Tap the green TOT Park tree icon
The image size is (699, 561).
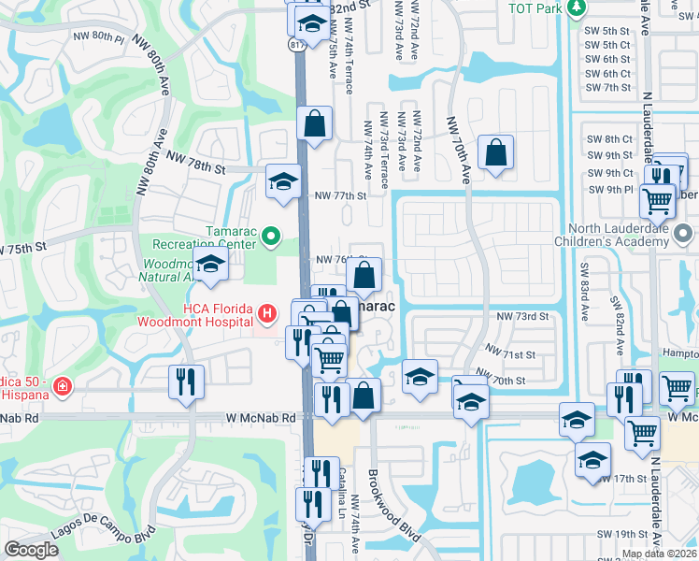click(x=577, y=7)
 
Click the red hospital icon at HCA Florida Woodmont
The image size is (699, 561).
click(x=266, y=312)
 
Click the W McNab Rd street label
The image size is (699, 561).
click(x=260, y=418)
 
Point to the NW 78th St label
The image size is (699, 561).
click(x=196, y=169)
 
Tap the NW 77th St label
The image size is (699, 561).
click(x=340, y=195)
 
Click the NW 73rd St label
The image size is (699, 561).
click(x=522, y=317)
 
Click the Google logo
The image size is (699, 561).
click(x=31, y=550)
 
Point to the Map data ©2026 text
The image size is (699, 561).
click(x=659, y=554)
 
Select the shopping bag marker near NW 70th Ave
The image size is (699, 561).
click(x=495, y=151)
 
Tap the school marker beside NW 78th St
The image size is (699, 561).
click(x=283, y=180)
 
